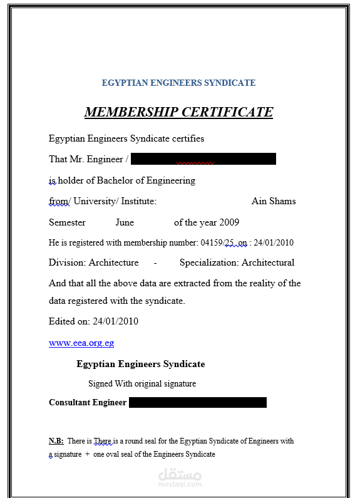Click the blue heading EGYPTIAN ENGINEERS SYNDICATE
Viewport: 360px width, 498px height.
click(x=178, y=83)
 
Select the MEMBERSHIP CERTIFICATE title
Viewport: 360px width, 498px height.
click(x=178, y=112)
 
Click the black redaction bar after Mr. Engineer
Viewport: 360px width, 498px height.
click(x=203, y=159)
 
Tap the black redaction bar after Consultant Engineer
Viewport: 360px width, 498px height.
click(x=197, y=402)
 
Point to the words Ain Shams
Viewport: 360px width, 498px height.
click(x=274, y=201)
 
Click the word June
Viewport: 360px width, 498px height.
click(x=125, y=222)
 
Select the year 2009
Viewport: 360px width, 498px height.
click(x=229, y=222)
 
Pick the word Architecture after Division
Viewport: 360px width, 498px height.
click(x=113, y=262)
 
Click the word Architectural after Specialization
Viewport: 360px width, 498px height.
click(x=268, y=262)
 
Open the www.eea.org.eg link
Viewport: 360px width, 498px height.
click(x=81, y=343)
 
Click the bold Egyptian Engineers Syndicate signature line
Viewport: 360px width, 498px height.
click(x=141, y=364)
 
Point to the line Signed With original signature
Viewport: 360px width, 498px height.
click(x=142, y=383)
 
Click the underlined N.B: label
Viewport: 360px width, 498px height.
click(x=56, y=441)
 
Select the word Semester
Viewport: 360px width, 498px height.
click(x=67, y=222)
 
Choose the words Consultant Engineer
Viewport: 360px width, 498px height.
click(x=88, y=402)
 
